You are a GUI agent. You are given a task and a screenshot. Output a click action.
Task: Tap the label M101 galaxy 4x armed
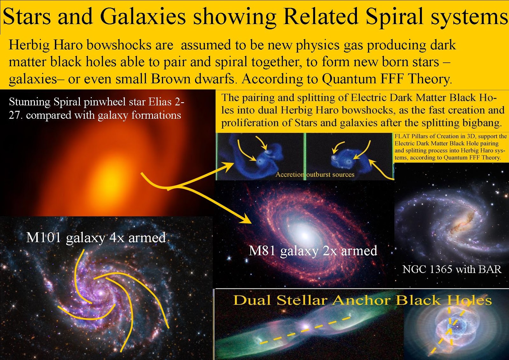[x=96, y=238]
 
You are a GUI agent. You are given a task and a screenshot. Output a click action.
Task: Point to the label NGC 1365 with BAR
[x=452, y=269]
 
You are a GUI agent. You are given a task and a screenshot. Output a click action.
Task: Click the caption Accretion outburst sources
[x=315, y=174]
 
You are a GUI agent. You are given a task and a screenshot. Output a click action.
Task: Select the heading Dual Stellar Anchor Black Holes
[x=362, y=300]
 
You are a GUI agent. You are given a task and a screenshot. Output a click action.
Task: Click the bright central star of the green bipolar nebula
[x=306, y=327]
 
